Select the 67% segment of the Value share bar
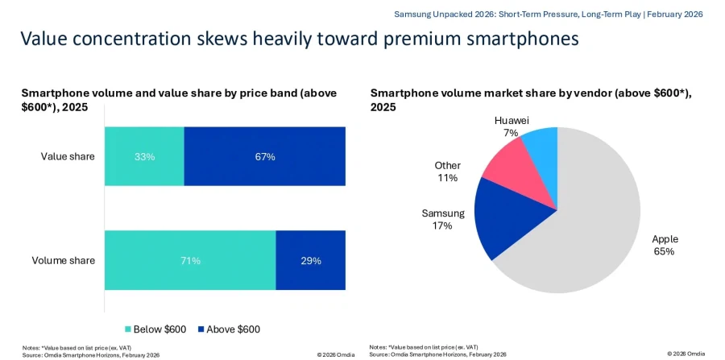click(265, 156)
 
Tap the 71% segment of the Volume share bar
click(190, 260)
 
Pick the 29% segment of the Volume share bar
click(311, 260)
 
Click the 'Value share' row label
click(68, 156)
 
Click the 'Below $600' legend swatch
click(129, 329)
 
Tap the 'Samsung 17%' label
click(442, 220)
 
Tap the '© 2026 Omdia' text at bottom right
click(686, 354)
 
